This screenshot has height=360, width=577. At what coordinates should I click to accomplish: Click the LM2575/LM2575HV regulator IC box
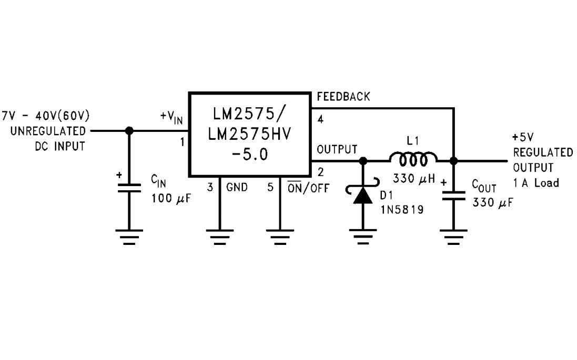click(250, 135)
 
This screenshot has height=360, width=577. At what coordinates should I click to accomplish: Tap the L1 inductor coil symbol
click(413, 159)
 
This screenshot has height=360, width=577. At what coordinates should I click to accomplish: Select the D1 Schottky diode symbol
click(362, 194)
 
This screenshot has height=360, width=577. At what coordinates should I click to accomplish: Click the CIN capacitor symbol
click(129, 188)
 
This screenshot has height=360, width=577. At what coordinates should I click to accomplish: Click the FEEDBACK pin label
click(343, 97)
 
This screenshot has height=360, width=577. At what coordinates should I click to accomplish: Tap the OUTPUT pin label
click(337, 149)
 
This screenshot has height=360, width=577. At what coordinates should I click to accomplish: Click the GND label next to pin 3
click(237, 187)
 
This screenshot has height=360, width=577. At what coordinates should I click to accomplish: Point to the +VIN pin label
click(171, 118)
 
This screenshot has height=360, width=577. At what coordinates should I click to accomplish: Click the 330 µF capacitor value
click(492, 203)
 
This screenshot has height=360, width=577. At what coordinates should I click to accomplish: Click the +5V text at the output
click(522, 137)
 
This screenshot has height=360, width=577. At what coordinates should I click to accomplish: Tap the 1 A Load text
click(536, 183)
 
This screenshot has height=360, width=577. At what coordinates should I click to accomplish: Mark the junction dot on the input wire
click(129, 131)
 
